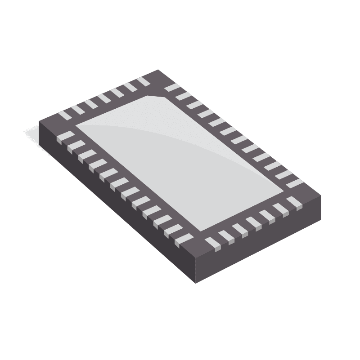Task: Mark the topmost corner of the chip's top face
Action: [x=158, y=70]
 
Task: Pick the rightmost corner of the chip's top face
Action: [x=321, y=196]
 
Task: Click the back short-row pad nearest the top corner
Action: [x=143, y=81]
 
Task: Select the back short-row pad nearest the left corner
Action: [x=66, y=115]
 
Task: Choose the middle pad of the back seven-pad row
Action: [x=104, y=98]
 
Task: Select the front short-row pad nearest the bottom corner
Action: [x=211, y=243]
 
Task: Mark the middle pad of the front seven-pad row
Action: [x=253, y=224]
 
